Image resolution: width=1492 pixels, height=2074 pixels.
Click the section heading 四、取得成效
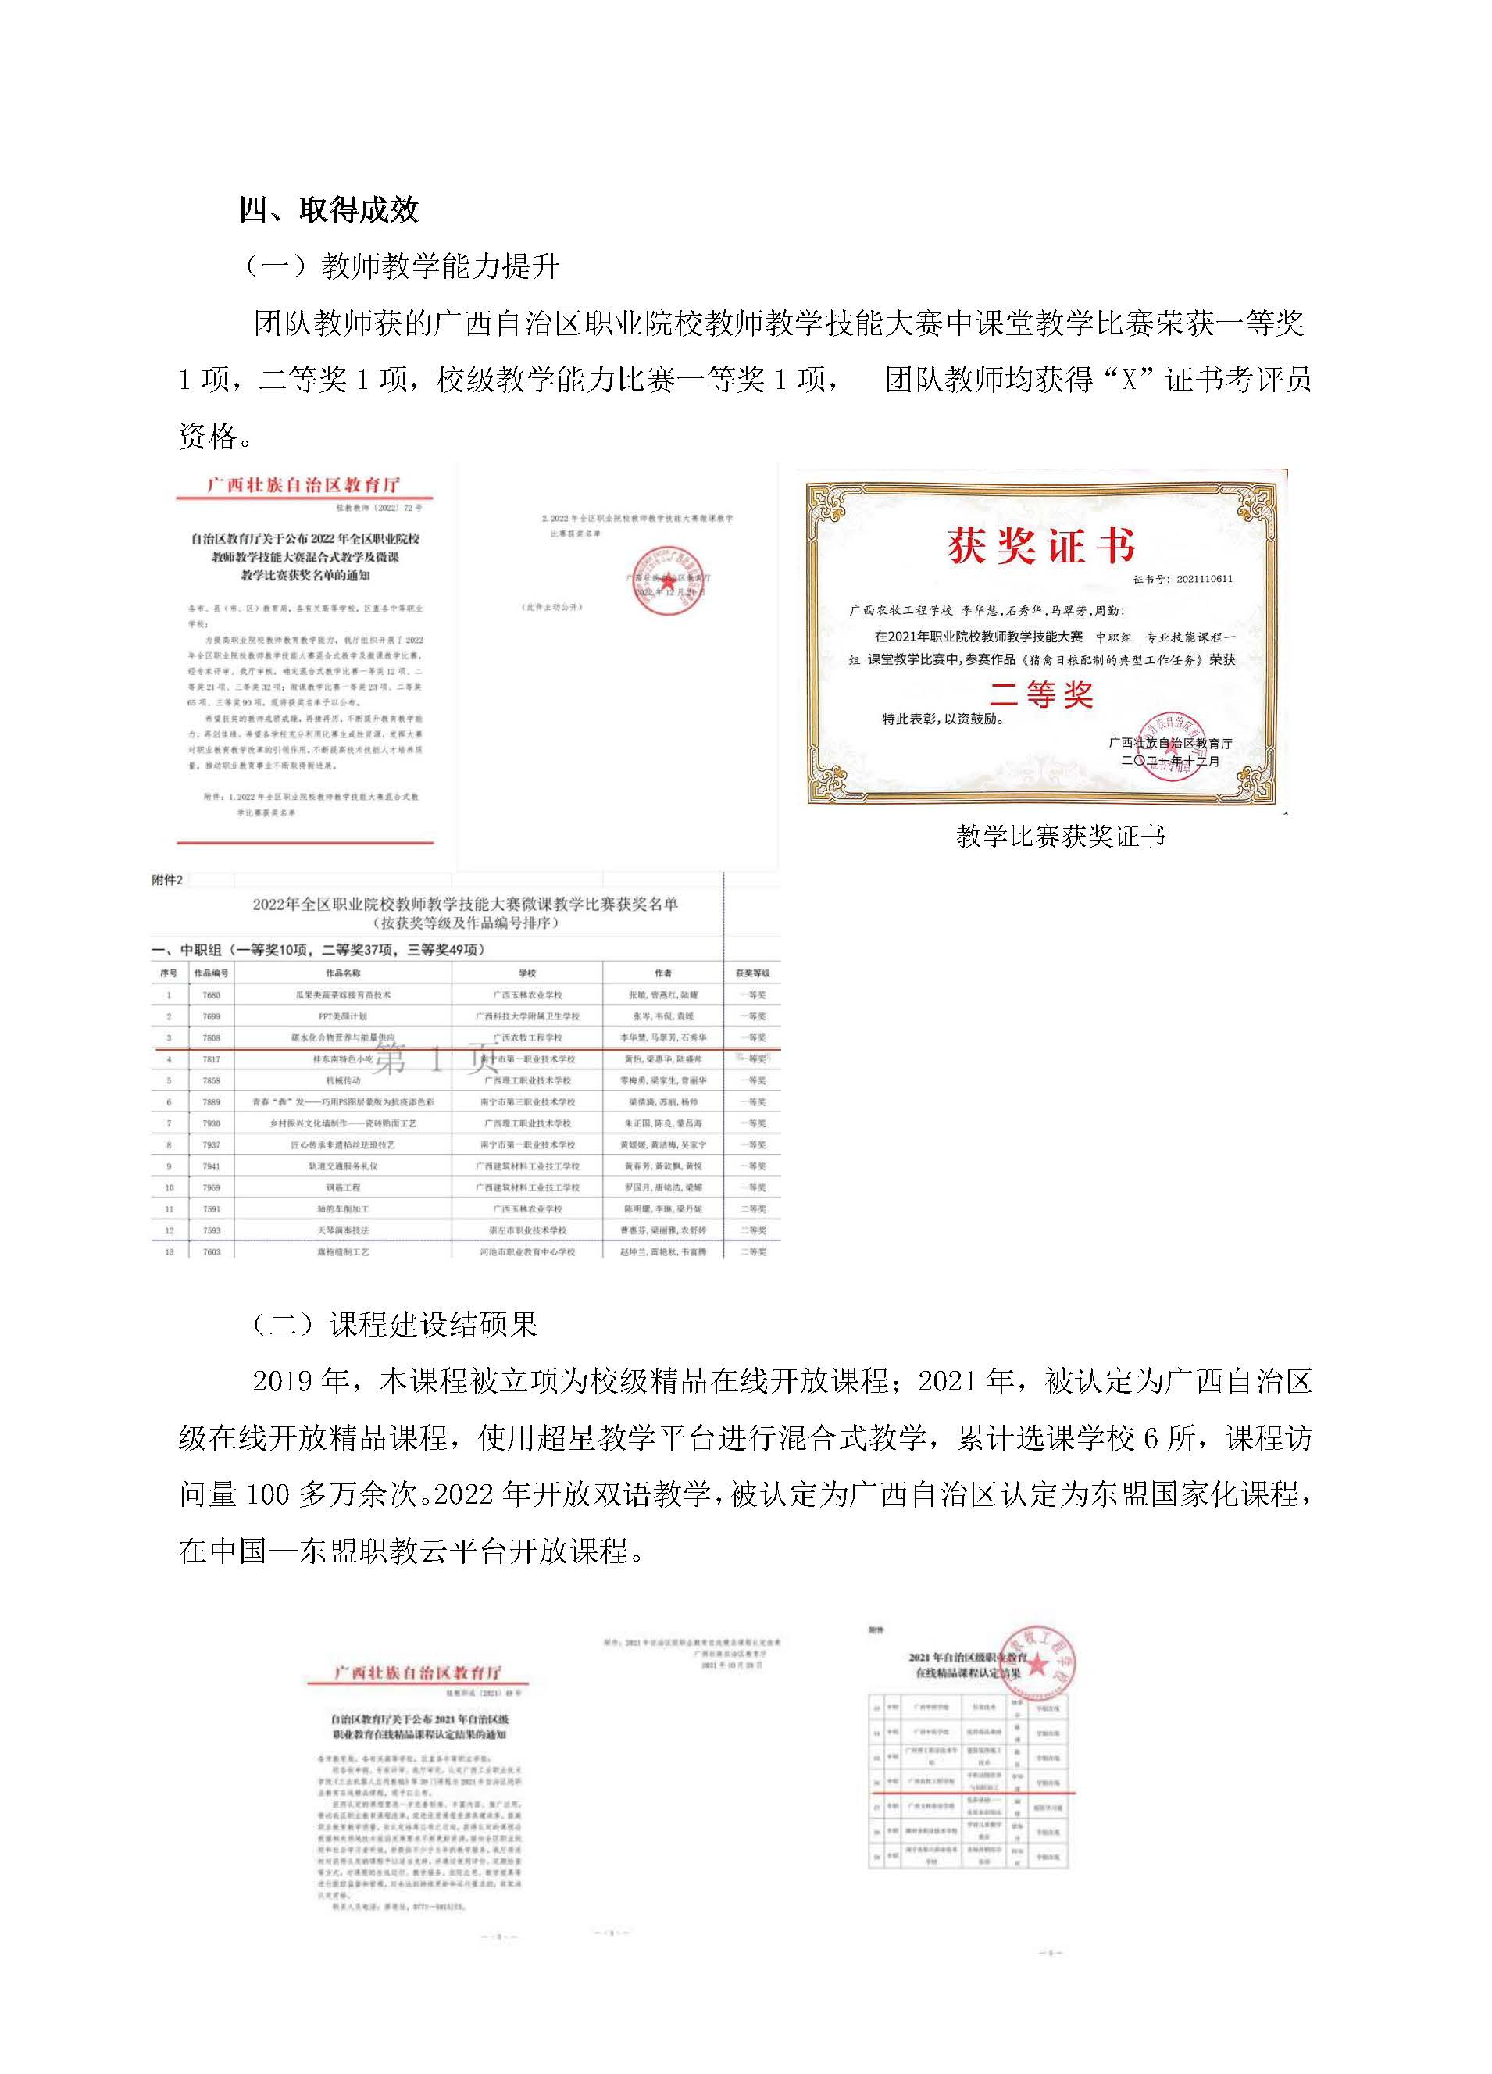pos(328,210)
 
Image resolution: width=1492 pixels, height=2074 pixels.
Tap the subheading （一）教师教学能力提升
pos(402,266)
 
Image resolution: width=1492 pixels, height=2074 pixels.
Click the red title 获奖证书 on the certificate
pos(1040,546)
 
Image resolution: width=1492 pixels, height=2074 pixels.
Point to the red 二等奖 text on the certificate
pos(1040,695)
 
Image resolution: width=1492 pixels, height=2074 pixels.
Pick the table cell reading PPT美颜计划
pos(343,1016)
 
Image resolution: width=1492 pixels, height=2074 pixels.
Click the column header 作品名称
pos(343,973)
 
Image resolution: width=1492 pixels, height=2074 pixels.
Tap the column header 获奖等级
pos(752,973)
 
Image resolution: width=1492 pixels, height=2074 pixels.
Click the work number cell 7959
pos(211,1187)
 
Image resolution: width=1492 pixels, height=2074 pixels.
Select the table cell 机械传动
pos(343,1080)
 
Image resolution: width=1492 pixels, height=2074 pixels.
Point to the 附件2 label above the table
pos(167,880)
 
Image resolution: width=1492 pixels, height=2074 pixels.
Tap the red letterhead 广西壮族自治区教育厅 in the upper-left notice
pos(304,484)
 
